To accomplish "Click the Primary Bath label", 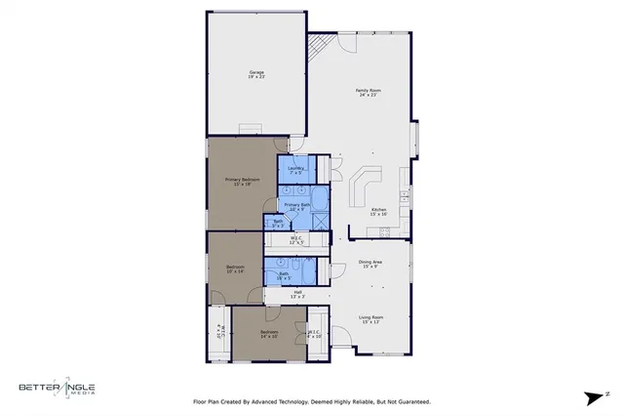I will tap(298, 207).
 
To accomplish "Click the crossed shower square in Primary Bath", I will tap(321, 222).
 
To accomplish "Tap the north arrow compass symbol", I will tap(593, 397).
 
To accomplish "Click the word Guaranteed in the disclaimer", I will tap(411, 401).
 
